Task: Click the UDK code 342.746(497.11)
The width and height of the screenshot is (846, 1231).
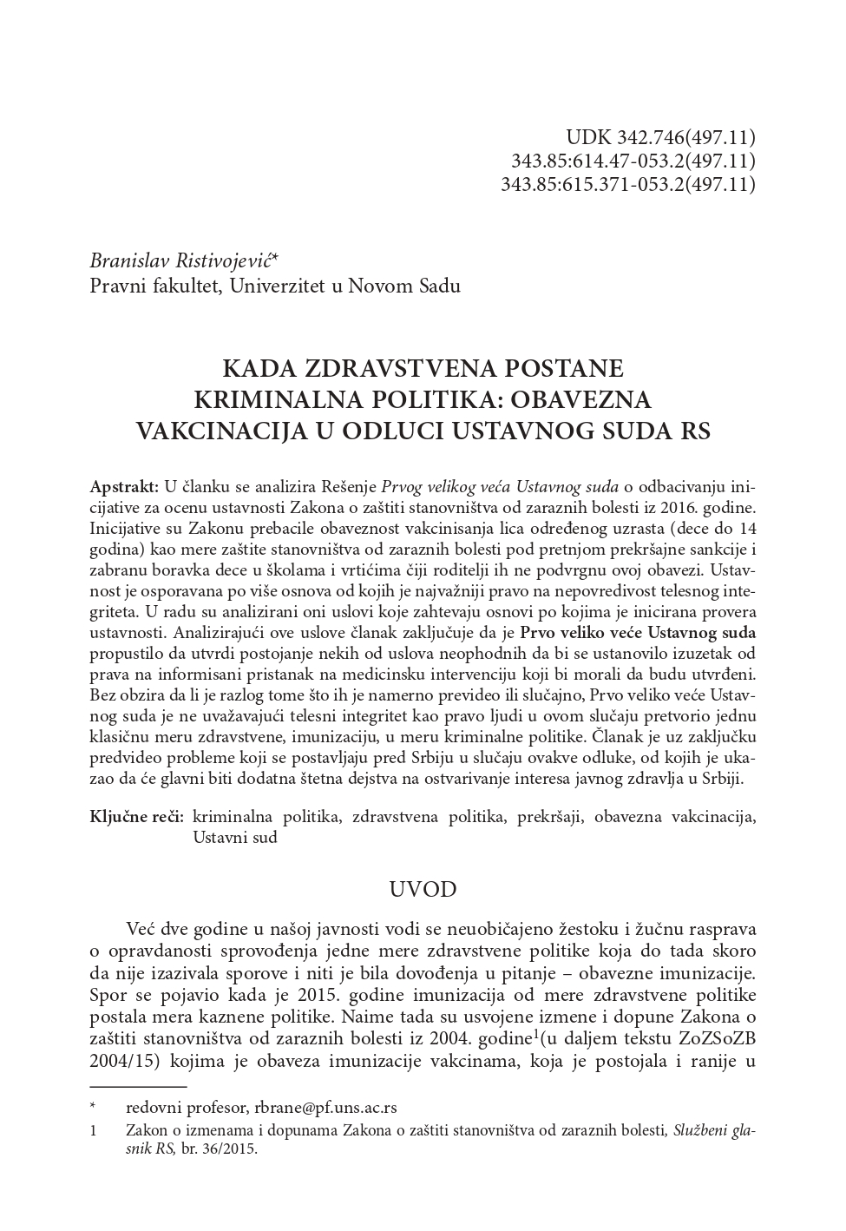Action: pyautogui.click(x=685, y=137)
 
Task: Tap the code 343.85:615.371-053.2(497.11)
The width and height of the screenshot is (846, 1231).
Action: pyautogui.click(x=628, y=184)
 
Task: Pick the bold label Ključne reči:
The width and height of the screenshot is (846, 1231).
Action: pyautogui.click(x=136, y=817)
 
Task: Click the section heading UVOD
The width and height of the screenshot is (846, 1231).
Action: pyautogui.click(x=423, y=890)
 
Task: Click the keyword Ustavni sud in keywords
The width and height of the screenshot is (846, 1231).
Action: pyautogui.click(x=234, y=838)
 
